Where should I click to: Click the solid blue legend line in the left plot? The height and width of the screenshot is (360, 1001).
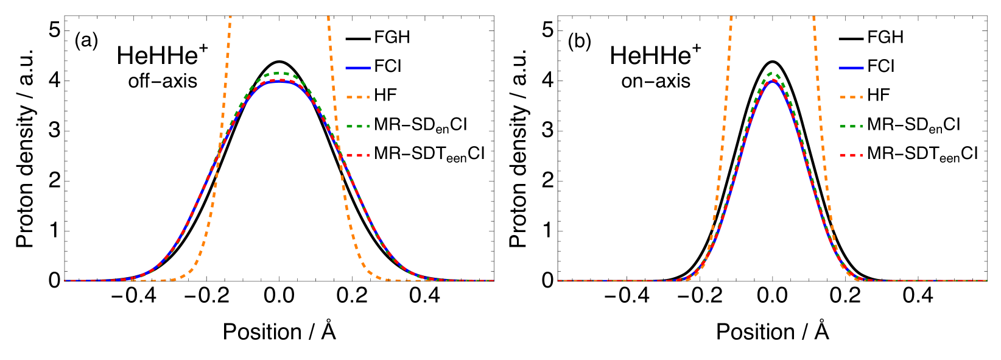[358, 68]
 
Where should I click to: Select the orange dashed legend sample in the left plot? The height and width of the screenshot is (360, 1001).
[358, 97]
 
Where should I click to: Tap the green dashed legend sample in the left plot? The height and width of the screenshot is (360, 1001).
[358, 126]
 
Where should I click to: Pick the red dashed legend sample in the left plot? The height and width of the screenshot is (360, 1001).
[358, 155]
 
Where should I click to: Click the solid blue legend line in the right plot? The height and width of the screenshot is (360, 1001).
[851, 68]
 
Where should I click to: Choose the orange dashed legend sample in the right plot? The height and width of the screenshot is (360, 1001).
[851, 97]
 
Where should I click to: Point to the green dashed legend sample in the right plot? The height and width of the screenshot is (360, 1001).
[851, 126]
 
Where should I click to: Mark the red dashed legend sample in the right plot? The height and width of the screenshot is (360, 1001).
[851, 155]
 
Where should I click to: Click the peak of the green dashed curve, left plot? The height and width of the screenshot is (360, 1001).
[278, 73]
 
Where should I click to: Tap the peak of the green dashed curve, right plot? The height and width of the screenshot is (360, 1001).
[773, 73]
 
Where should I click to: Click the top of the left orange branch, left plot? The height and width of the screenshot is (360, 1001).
[230, 17]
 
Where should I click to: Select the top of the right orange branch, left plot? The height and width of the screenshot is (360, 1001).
[328, 17]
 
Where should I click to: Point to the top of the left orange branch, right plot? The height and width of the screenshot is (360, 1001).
[731, 17]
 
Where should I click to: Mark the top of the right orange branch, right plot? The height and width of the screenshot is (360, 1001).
[813, 17]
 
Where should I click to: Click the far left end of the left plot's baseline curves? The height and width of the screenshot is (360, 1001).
[65, 280]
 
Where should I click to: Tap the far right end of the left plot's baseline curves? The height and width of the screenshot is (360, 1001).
[493, 280]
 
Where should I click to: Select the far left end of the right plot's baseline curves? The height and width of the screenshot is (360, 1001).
[558, 280]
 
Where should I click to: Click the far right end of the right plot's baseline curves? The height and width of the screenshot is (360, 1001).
[986, 280]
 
